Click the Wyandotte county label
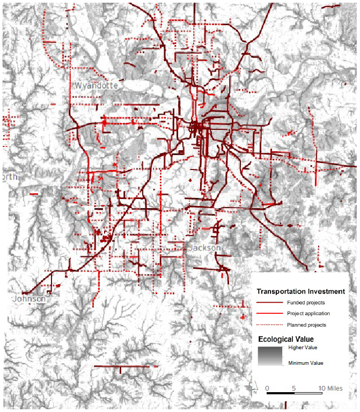coord(97,86)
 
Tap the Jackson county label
coord(204,248)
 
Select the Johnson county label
coord(30,298)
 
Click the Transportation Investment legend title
coord(300,292)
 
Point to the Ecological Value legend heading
coord(286,339)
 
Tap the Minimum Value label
coord(306,363)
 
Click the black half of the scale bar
coord(281,394)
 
